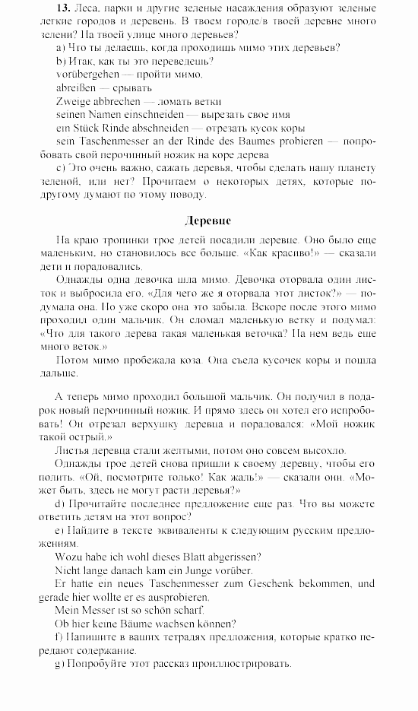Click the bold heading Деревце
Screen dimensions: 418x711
pos(207,221)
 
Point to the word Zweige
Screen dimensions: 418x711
pos(73,101)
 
